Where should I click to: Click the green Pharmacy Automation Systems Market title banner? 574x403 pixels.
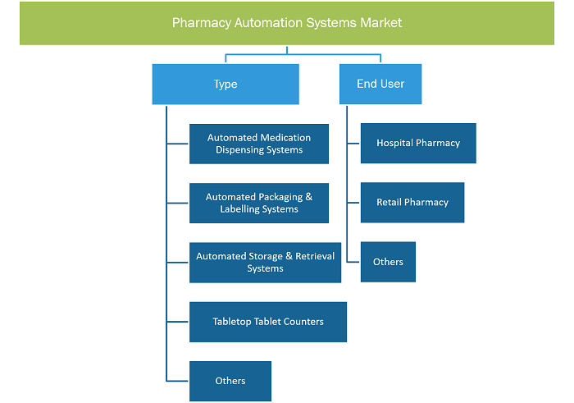[x=287, y=23]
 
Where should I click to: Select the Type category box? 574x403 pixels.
[x=225, y=85]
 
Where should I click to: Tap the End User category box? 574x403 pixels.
[x=380, y=84]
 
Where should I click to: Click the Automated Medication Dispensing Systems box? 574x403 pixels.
[x=259, y=144]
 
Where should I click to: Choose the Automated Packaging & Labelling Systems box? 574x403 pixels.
[x=259, y=203]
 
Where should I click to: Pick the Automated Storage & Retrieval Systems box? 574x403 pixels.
[x=265, y=263]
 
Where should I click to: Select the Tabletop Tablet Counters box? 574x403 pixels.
[x=268, y=322]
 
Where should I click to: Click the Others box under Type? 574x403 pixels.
[x=230, y=381]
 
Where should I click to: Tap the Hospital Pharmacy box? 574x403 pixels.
[x=418, y=144]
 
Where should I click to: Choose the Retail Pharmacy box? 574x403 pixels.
[x=412, y=203]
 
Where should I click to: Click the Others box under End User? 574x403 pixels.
[x=388, y=262]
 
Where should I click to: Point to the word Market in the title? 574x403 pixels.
[x=381, y=23]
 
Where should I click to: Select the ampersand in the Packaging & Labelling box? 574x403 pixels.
[x=309, y=197]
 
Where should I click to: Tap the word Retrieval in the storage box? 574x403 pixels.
[x=315, y=256]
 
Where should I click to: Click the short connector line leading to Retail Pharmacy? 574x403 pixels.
[x=353, y=203]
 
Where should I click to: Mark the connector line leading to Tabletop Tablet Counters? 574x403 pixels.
[x=177, y=322]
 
